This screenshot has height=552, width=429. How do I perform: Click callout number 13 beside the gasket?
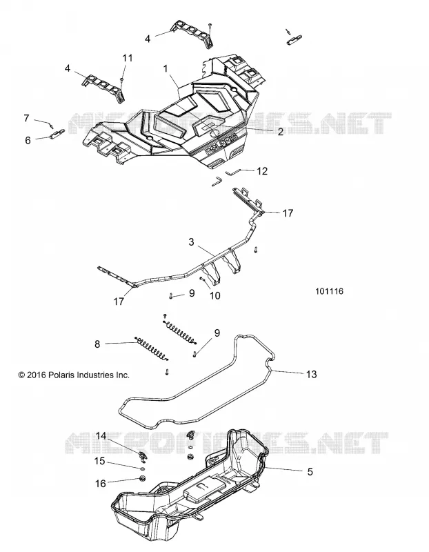pos(312,374)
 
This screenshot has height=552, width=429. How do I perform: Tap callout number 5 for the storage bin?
pos(310,471)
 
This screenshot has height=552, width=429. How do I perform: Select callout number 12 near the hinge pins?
pos(262,171)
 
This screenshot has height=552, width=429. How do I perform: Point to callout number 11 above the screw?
pos(128,58)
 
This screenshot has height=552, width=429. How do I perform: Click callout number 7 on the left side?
pos(26,118)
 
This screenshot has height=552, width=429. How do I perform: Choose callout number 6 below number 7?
pos(28,140)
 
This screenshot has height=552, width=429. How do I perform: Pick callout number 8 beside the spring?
pos(97,344)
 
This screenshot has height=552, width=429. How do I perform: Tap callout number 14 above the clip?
pos(101,436)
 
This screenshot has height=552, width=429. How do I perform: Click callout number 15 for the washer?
pos(100,460)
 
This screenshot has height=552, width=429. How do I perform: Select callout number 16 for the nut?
pos(100,484)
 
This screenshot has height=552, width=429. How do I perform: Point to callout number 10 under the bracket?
pos(214,296)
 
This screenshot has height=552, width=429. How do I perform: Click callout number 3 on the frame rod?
pos(191,242)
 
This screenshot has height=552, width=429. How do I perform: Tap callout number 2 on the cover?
pos(280,132)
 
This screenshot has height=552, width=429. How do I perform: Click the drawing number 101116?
pos(330,291)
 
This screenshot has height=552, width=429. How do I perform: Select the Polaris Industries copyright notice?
pos(74,375)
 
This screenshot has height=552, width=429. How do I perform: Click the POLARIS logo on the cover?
pos(221,145)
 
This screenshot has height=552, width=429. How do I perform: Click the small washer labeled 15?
pos(142,469)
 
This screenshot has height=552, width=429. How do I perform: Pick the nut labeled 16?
pos(143,478)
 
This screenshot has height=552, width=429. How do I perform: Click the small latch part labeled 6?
pos(57,133)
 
